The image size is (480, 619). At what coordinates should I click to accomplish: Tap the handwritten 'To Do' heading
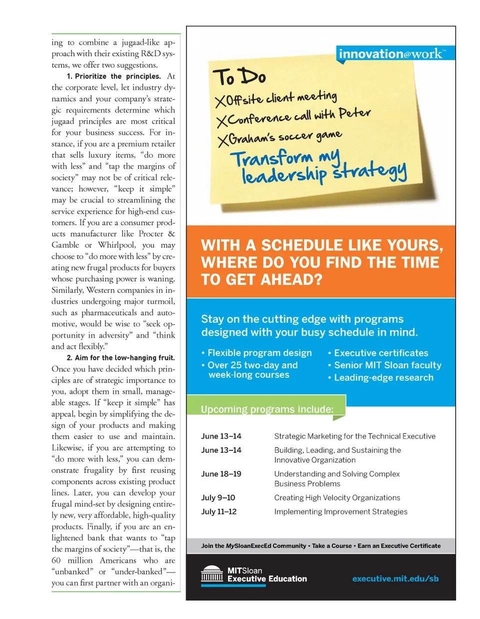[239, 78]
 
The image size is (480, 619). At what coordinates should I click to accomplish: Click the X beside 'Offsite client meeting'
[220, 102]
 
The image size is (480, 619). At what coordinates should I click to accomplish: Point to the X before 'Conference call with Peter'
[221, 121]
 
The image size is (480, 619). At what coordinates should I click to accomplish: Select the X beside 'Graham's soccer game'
[223, 141]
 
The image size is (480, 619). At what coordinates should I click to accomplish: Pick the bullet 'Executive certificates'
[381, 353]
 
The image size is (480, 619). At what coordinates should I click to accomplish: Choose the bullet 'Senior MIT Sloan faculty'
[387, 365]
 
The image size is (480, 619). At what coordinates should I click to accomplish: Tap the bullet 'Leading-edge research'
[383, 378]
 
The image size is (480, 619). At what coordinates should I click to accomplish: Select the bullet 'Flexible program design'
[259, 353]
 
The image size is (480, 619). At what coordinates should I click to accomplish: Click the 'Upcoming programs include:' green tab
[266, 409]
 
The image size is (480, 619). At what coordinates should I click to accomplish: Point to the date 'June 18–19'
[221, 474]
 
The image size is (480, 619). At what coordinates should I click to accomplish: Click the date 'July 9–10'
[218, 498]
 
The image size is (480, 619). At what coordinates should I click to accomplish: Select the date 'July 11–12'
[219, 511]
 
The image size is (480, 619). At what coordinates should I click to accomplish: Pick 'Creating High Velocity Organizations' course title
[337, 498]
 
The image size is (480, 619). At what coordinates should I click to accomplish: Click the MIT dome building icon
[212, 574]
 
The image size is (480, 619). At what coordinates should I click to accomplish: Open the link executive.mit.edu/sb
[395, 579]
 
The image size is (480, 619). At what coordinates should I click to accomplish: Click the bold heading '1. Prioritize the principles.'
[113, 77]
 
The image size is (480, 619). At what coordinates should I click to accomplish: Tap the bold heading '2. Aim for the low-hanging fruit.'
[120, 358]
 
